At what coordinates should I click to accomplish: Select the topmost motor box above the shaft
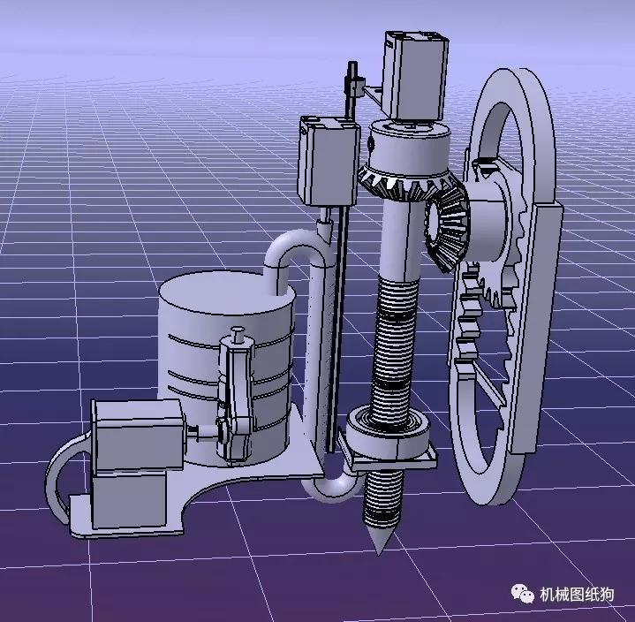coord(415,75)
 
